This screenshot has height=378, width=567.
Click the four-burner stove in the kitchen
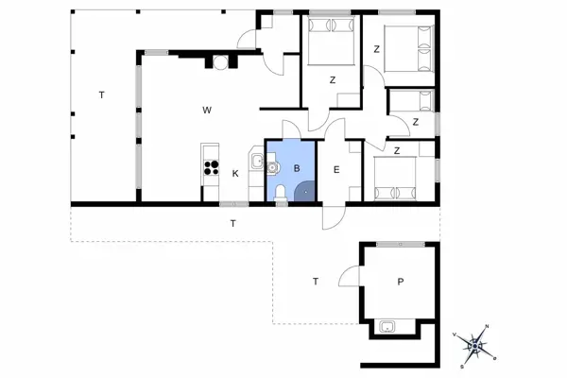[x=211, y=167]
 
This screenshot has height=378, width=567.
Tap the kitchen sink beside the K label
[x=257, y=161]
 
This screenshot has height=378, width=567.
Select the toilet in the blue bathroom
[x=281, y=193]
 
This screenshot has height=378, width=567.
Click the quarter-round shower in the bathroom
[x=305, y=191]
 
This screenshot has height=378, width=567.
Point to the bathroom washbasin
[x=272, y=167]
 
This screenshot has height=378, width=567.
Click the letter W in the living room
[x=207, y=110]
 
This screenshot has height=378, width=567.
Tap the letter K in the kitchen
[x=235, y=174]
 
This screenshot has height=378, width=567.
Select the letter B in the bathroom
[x=297, y=168]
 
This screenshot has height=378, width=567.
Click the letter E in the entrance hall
[x=336, y=170]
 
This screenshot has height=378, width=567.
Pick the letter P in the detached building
[x=401, y=282]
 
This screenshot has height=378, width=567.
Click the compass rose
[x=474, y=346]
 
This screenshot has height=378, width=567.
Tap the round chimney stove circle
[x=220, y=62]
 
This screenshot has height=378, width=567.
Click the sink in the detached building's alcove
[x=387, y=327]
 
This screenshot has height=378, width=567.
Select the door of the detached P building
[x=349, y=276]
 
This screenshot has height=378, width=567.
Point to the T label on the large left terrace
[x=102, y=95]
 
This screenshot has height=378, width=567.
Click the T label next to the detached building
[x=316, y=282]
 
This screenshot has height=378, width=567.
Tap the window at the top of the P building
[x=401, y=245]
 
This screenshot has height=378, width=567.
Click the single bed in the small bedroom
[x=411, y=101]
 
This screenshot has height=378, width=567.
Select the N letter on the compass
[x=487, y=326]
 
